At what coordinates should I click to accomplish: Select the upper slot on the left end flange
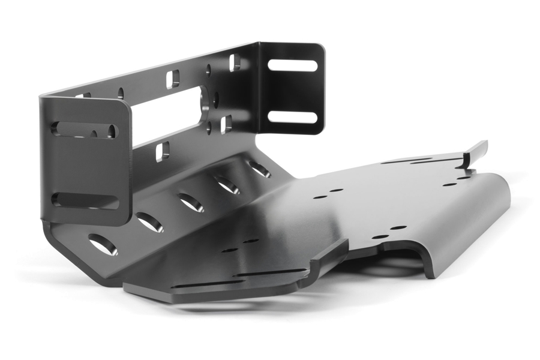(83, 129)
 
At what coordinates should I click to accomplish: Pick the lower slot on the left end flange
(85, 200)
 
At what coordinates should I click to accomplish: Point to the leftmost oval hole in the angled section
(103, 244)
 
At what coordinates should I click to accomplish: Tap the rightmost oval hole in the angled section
(260, 169)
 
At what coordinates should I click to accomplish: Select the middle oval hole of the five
(191, 203)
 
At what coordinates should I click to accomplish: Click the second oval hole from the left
(149, 222)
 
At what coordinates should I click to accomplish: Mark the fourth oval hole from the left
(228, 185)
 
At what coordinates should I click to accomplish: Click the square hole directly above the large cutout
(173, 78)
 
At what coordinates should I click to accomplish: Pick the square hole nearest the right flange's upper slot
(235, 62)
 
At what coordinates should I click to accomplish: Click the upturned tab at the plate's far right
(478, 149)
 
